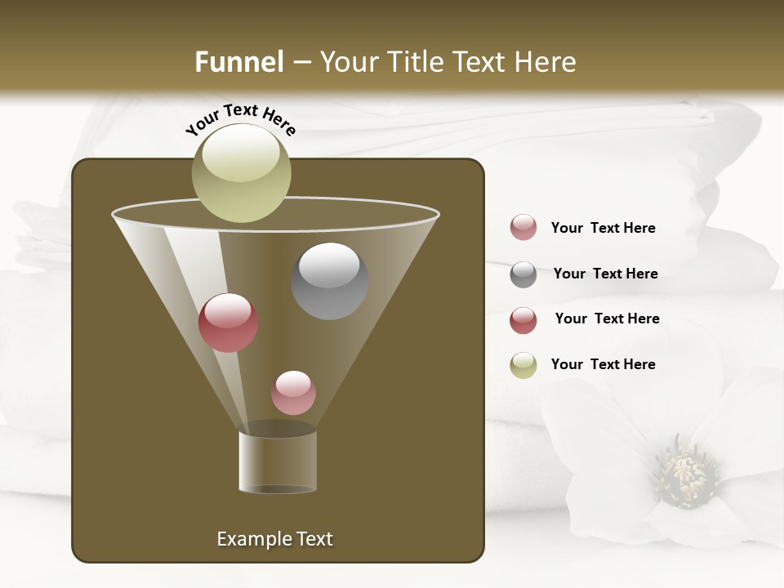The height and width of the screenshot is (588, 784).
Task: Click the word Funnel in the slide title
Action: pyautogui.click(x=238, y=62)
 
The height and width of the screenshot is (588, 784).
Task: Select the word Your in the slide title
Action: pyautogui.click(x=349, y=62)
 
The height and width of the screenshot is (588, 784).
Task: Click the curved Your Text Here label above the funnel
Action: pyautogui.click(x=240, y=119)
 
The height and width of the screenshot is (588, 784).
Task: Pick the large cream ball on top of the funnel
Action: pyautogui.click(x=241, y=172)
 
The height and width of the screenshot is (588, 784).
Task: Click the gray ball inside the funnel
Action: pyautogui.click(x=330, y=281)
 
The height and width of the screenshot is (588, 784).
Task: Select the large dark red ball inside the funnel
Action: pyautogui.click(x=228, y=323)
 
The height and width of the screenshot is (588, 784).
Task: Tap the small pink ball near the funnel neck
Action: pyautogui.click(x=293, y=393)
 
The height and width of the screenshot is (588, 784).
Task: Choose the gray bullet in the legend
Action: pyautogui.click(x=523, y=274)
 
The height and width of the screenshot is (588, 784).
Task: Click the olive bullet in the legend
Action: pyautogui.click(x=523, y=365)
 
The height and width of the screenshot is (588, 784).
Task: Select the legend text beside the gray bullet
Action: pyautogui.click(x=605, y=274)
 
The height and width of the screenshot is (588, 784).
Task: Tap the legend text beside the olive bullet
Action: pyautogui.click(x=603, y=364)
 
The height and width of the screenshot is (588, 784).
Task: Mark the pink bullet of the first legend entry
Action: pyautogui.click(x=523, y=228)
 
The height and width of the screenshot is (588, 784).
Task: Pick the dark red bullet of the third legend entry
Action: pyautogui.click(x=523, y=320)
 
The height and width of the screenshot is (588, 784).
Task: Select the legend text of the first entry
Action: pyautogui.click(x=603, y=228)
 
